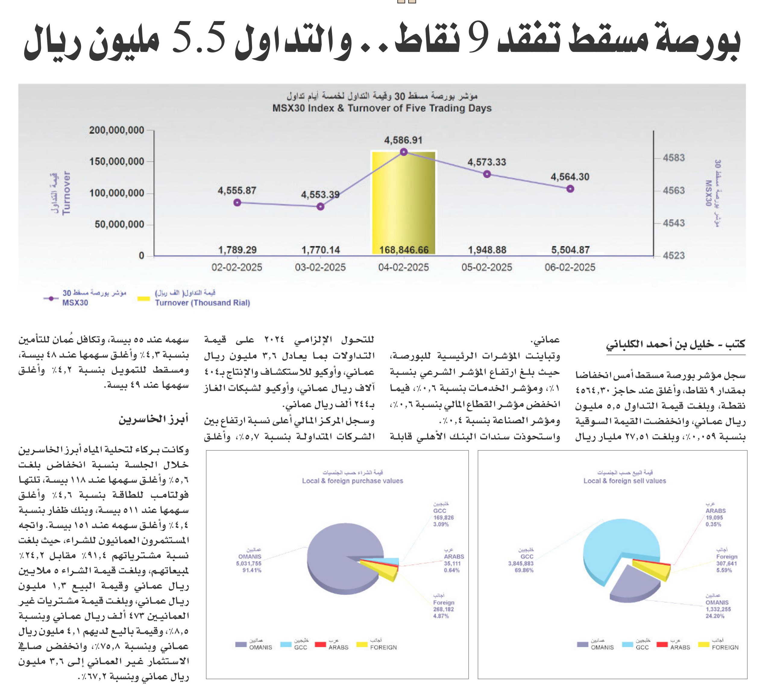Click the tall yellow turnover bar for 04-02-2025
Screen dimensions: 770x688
tap(404, 203)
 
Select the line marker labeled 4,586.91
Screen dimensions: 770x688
tap(404, 152)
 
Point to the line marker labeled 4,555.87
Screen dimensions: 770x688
tap(237, 203)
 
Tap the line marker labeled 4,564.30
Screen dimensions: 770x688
tap(570, 189)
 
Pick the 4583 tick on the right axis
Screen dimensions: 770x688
tap(674, 158)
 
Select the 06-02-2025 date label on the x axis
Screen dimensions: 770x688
tap(570, 267)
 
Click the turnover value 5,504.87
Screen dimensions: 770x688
tap(570, 250)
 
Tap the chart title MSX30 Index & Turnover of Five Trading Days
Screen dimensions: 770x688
tap(382, 108)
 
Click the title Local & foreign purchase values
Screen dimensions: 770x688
tap(353, 481)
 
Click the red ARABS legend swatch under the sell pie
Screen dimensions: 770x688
tap(662, 644)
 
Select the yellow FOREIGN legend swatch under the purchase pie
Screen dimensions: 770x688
tap(362, 644)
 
